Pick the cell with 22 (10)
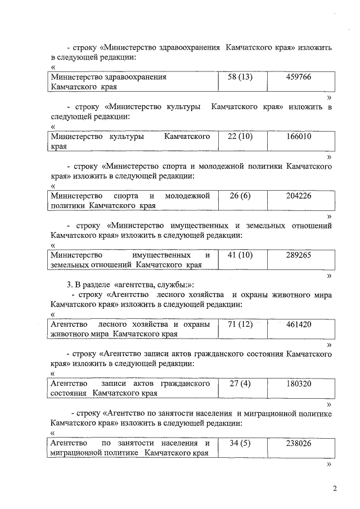tap(240, 137)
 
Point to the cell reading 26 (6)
tap(240, 196)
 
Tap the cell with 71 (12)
tap(240, 325)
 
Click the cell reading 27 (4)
tap(240, 384)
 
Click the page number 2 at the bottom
tap(334, 489)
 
